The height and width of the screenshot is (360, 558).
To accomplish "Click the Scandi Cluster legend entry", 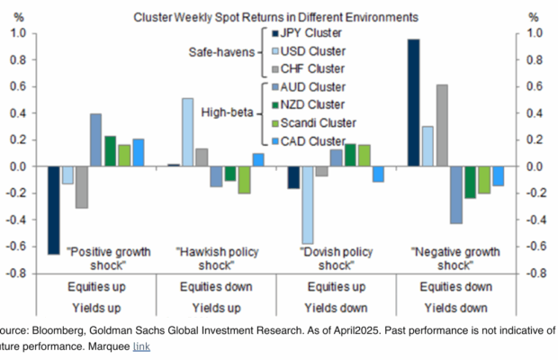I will click(x=312, y=122).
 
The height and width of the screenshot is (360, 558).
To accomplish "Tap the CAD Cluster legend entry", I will click(x=309, y=140).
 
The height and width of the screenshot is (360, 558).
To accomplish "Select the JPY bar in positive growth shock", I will click(x=54, y=211).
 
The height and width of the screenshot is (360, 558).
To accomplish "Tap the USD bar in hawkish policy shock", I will click(x=187, y=132).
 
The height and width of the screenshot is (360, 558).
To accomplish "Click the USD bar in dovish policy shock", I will click(x=308, y=205).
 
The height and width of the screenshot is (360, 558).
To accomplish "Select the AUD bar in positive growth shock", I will click(x=95, y=140).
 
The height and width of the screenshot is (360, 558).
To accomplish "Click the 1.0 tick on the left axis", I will click(x=17, y=33).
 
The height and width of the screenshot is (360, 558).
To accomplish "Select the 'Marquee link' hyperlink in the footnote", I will click(x=141, y=346).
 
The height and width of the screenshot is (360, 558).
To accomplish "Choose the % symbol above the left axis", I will click(x=20, y=16).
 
